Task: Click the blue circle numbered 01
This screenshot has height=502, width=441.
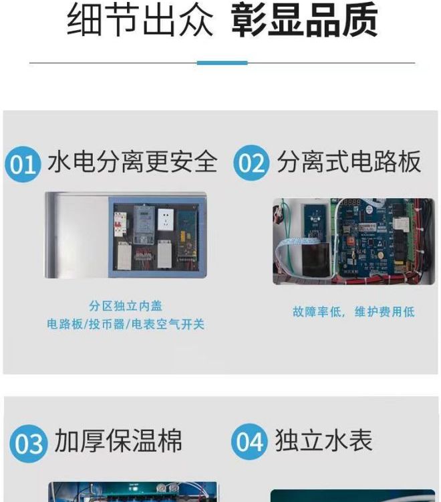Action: pyautogui.click(x=23, y=164)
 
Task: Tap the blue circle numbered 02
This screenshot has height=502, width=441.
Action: pyautogui.click(x=251, y=163)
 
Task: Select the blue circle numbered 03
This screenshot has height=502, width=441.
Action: pyautogui.click(x=29, y=444)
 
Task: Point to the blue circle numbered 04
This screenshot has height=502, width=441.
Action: pyautogui.click(x=249, y=442)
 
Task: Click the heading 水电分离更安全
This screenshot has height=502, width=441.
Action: pyautogui.click(x=132, y=162)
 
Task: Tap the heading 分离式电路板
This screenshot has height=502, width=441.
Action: pyautogui.click(x=349, y=162)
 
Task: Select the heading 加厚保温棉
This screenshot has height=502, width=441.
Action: pyautogui.click(x=118, y=440)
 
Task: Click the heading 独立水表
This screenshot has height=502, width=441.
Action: pyautogui.click(x=323, y=440)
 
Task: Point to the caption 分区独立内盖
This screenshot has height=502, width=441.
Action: pyautogui.click(x=126, y=306)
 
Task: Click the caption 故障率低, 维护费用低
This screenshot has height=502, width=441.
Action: pyautogui.click(x=353, y=311)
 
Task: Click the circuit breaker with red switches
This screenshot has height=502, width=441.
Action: pyautogui.click(x=120, y=224)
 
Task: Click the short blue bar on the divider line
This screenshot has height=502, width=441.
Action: pyautogui.click(x=222, y=63)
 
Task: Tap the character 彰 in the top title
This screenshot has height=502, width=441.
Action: pyautogui.click(x=249, y=19)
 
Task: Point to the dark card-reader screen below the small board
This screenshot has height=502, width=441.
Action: pyautogui.click(x=316, y=259)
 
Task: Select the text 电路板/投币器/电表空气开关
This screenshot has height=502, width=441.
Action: pyautogui.click(x=126, y=325)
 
